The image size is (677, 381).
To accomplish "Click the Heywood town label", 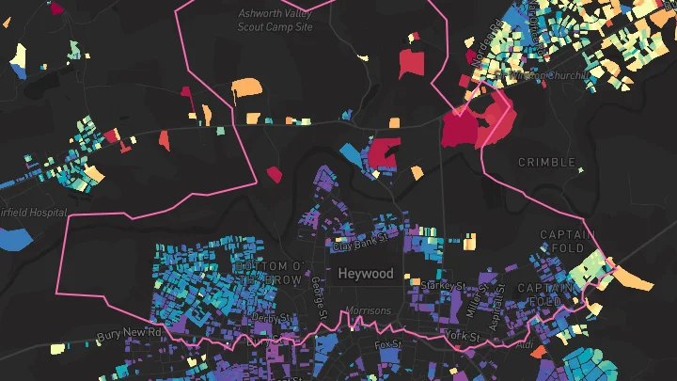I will [366, 273].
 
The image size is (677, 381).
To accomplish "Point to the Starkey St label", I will [445, 284].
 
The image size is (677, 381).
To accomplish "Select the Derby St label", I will [258, 318].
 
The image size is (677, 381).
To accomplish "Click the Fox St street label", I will [388, 344].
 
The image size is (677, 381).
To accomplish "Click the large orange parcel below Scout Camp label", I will [247, 88].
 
